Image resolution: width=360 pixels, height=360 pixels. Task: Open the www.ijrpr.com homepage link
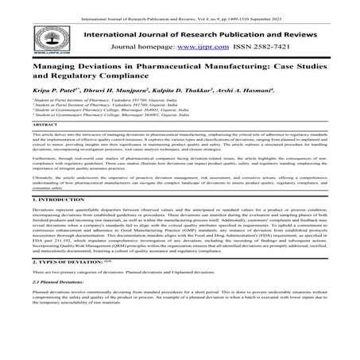pyautogui.click(x=201, y=47)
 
